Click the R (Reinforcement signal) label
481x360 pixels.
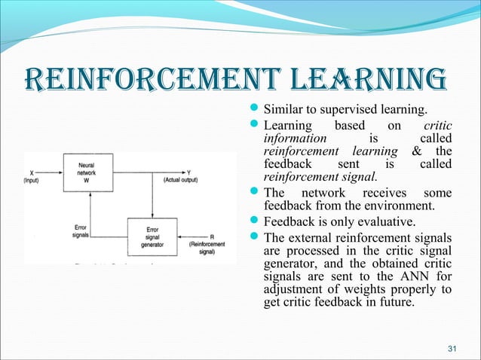pos(208,243)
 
